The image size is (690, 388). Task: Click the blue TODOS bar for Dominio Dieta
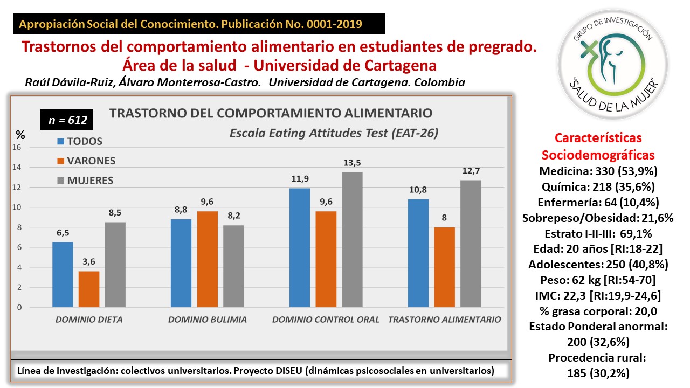coord(63,275)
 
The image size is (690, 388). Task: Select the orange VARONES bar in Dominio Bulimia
coord(208,259)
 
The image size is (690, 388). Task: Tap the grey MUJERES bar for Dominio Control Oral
coord(352,240)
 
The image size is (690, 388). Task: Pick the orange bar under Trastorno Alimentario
coord(445,267)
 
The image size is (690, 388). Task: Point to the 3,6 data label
coord(89,262)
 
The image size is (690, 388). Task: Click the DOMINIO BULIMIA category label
coord(208,320)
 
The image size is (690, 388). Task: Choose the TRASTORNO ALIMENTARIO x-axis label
coord(445,320)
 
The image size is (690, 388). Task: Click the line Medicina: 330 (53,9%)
coord(597,171)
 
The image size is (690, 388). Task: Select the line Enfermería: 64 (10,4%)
coord(597,203)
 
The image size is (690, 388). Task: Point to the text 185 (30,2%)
coord(597,373)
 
